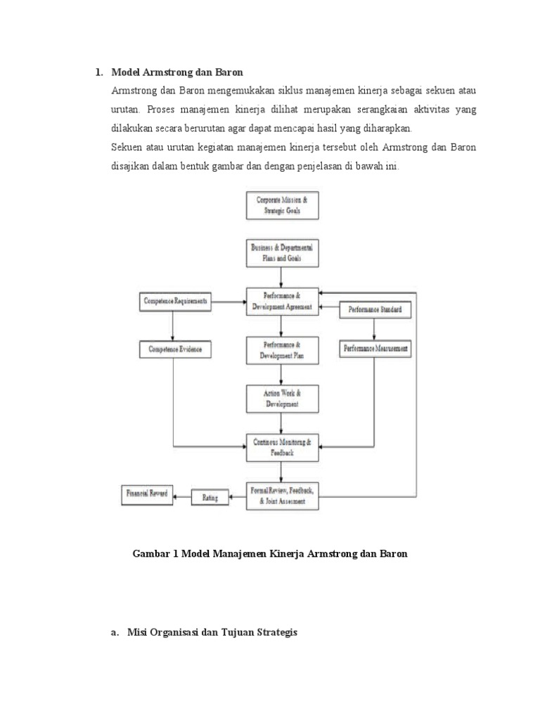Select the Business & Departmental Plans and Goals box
click(x=282, y=253)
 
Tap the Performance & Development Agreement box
click(x=282, y=301)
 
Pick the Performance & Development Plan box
click(x=282, y=350)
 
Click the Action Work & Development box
click(x=282, y=399)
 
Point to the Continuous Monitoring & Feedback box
click(x=282, y=447)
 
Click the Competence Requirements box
click(x=175, y=302)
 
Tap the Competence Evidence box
click(x=175, y=348)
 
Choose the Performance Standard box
click(x=375, y=309)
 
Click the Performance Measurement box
click(x=375, y=348)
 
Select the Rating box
click(x=210, y=498)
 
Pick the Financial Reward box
click(x=147, y=494)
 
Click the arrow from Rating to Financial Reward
click(x=183, y=497)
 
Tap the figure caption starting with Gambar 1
click(x=270, y=554)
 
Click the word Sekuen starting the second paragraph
click(x=127, y=148)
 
